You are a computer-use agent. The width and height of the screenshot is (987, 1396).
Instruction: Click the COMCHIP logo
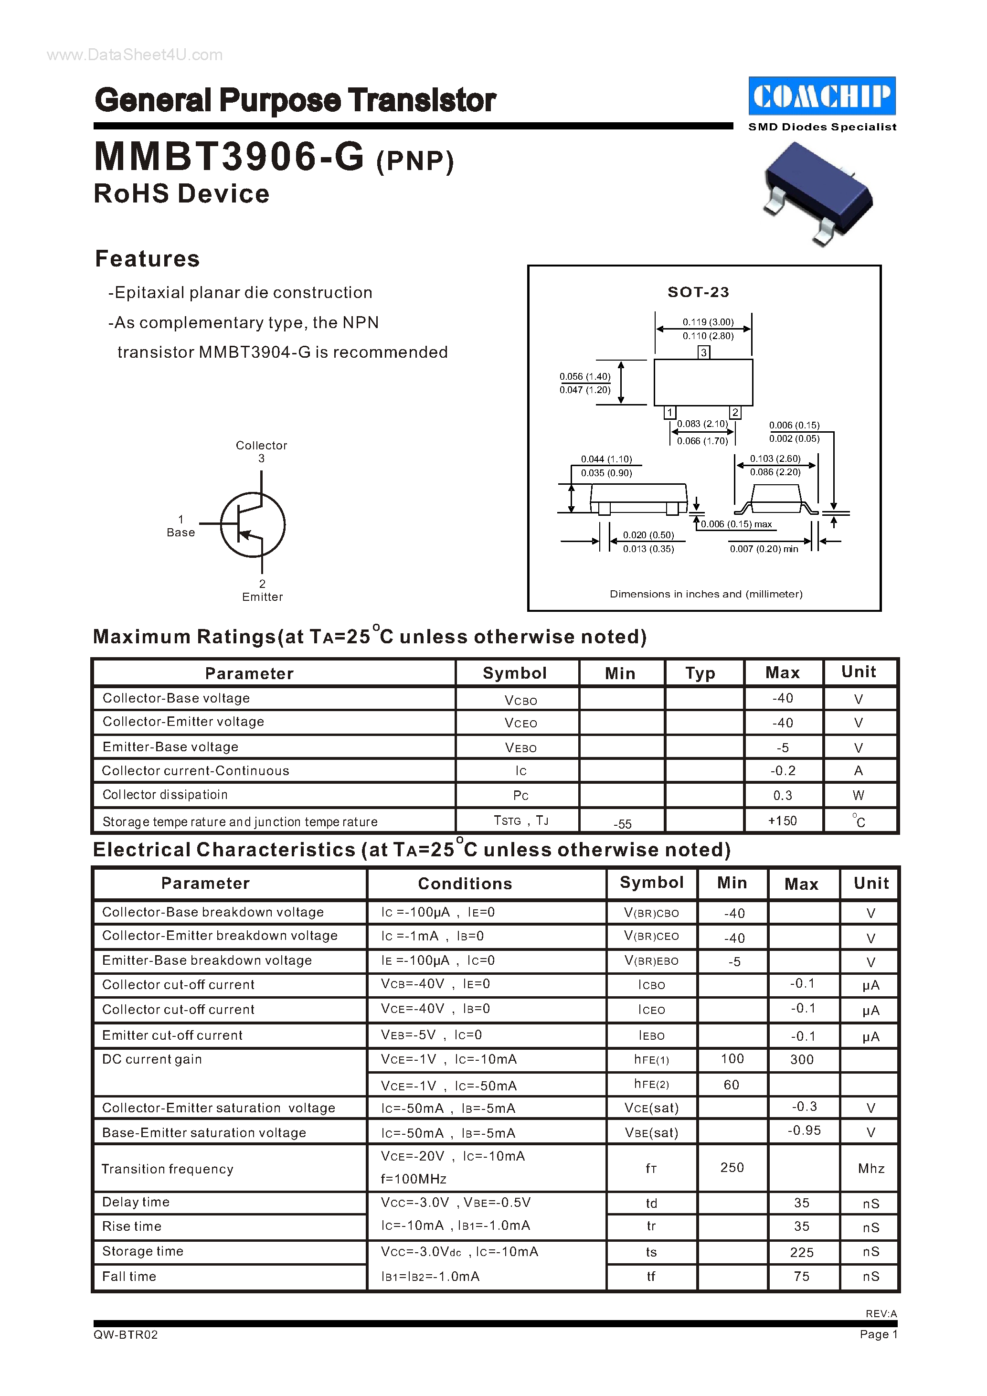coord(822,96)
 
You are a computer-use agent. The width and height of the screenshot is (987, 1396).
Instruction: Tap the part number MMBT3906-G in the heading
coord(229,157)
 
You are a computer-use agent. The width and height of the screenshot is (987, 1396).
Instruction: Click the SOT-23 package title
coord(698,292)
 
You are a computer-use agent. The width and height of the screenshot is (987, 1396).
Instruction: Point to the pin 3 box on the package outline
coord(704,352)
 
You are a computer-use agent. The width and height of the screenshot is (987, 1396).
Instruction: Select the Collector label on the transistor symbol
coord(261,445)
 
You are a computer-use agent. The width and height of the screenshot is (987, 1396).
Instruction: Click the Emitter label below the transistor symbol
coord(263,597)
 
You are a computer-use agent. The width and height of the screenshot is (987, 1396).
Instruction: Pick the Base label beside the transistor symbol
coord(180,532)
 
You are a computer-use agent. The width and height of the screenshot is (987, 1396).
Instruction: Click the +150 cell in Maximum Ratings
coord(782,821)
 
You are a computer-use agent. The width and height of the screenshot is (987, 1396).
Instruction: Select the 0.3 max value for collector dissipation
coord(782,795)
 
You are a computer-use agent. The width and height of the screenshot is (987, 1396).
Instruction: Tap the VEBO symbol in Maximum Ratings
coord(521,747)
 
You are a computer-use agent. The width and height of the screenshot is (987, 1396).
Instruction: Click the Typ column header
coord(700,673)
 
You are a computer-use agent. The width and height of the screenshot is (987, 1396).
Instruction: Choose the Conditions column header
coord(465,884)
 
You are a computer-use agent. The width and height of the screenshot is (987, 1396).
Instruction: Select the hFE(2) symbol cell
coord(651,1084)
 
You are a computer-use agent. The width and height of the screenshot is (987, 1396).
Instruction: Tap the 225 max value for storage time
coord(802,1252)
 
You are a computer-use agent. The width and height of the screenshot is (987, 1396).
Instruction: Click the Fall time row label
coord(129,1276)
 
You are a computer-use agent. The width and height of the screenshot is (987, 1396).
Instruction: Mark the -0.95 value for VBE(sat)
coord(804,1130)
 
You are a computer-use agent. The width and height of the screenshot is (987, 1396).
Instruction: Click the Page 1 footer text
coord(878,1334)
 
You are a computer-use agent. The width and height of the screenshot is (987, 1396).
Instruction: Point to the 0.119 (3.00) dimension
coord(708,321)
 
